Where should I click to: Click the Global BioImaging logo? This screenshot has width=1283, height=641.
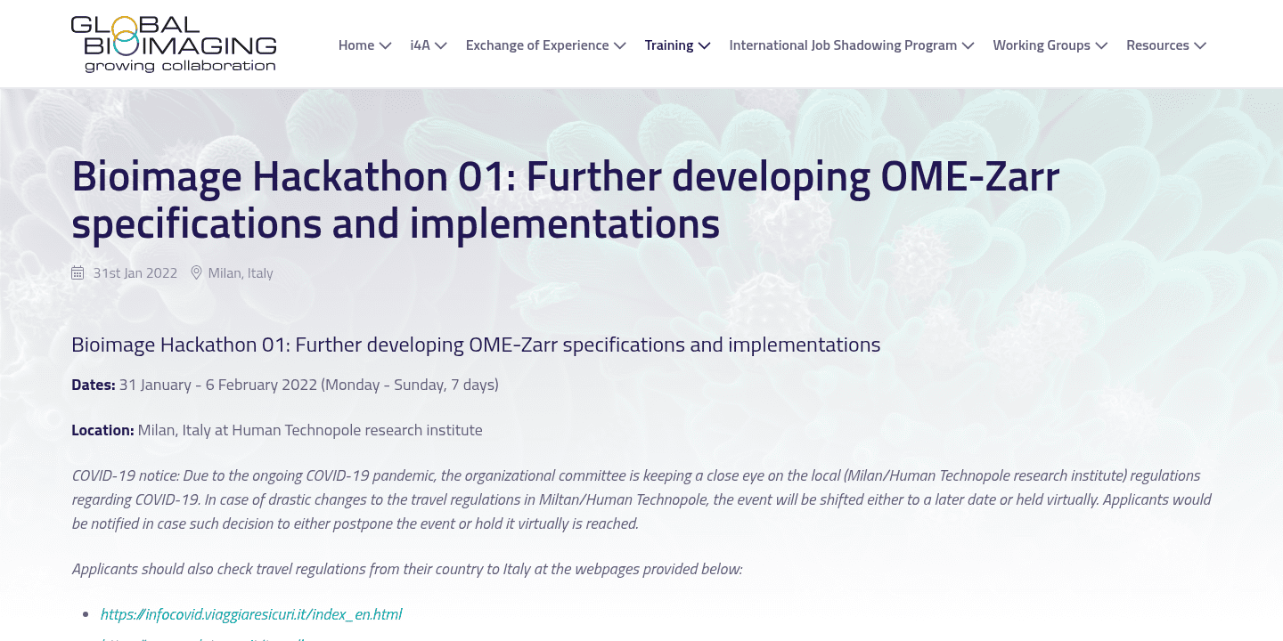coord(174,44)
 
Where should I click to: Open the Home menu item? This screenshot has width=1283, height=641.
coord(356,45)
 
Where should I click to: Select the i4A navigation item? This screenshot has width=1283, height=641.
coord(420,45)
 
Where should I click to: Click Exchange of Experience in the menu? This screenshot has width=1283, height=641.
coord(536,45)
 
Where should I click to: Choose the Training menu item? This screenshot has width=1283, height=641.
coord(668,45)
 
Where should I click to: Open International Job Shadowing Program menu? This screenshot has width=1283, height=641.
coord(842,45)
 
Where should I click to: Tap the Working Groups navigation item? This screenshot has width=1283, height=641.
coord(1041,45)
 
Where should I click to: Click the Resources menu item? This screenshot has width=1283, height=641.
coord(1157,45)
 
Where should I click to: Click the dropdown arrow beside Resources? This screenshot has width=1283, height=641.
coord(1200,46)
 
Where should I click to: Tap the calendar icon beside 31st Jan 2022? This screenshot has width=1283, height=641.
coord(78,273)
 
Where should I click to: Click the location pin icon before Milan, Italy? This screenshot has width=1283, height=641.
coord(197,273)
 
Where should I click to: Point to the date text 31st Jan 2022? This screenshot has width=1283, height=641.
coord(135,273)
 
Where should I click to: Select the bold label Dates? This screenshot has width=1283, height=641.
coord(94,385)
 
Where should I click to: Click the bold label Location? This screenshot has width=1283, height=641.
coord(102,430)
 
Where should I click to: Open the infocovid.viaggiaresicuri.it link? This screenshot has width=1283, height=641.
coord(251,614)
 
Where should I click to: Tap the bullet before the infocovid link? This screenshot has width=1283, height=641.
coord(86,614)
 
